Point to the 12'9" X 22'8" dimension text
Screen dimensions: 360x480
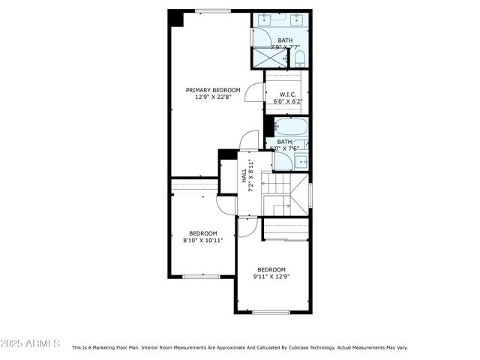pyautogui.click(x=213, y=97)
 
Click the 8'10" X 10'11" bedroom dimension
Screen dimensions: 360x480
pyautogui.click(x=202, y=241)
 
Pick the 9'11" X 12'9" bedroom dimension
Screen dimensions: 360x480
pyautogui.click(x=271, y=277)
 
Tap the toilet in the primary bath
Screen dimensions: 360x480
pyautogui.click(x=299, y=58)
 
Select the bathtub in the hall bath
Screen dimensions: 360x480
pyautogui.click(x=289, y=125)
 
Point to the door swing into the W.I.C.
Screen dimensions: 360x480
pyautogui.click(x=255, y=91)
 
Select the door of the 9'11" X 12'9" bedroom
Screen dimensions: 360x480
pyautogui.click(x=248, y=226)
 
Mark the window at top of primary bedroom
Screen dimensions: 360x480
pyautogui.click(x=214, y=10)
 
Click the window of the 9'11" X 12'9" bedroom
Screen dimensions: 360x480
pyautogui.click(x=271, y=312)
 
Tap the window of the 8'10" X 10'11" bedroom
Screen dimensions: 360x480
pyautogui.click(x=201, y=277)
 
